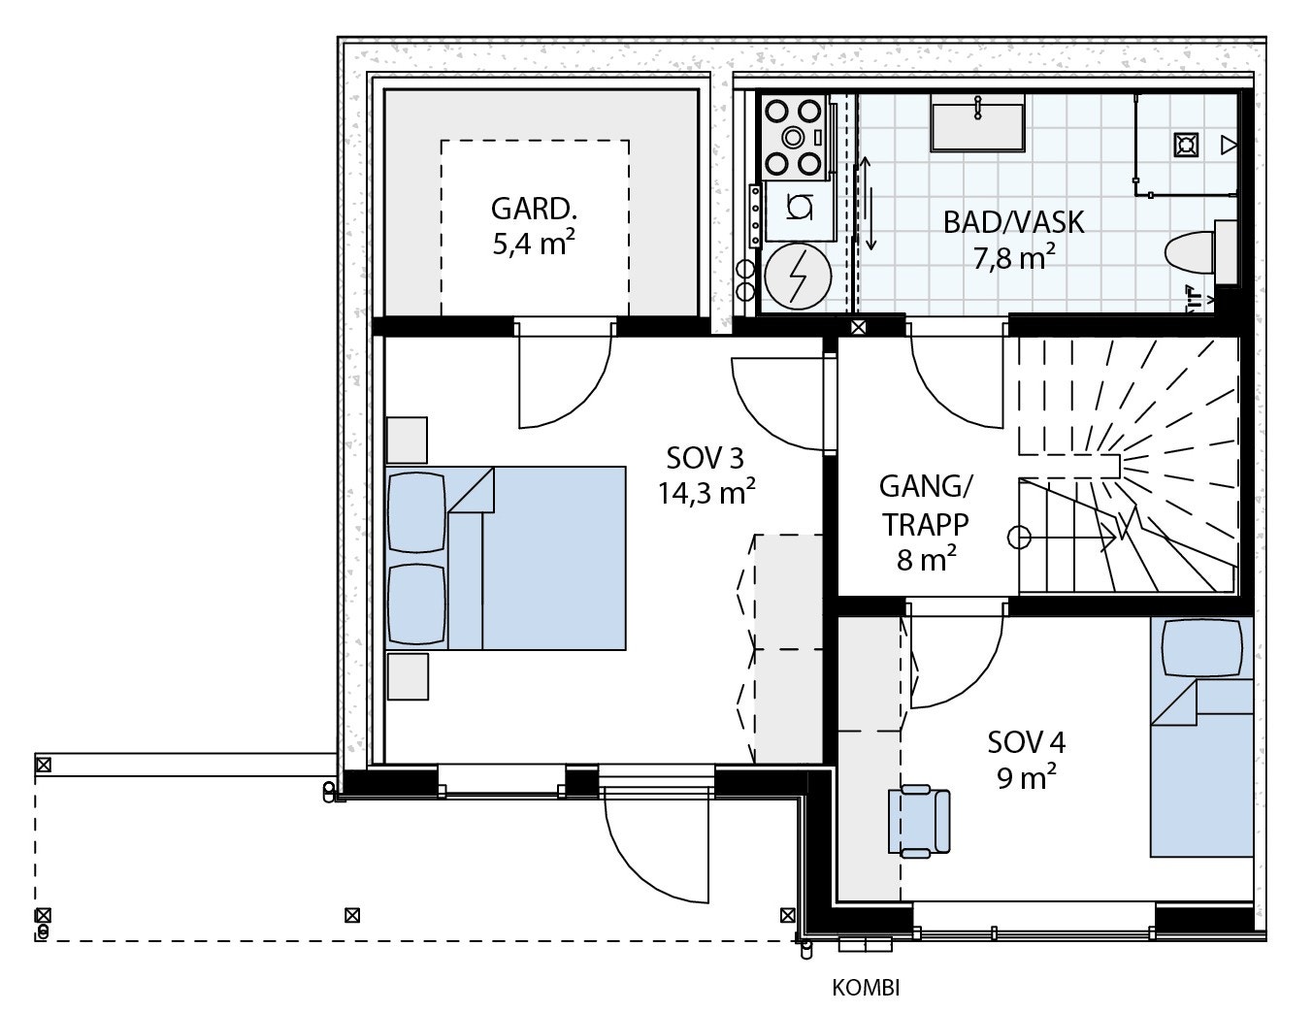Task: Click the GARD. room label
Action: [534, 209]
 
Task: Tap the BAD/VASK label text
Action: [1014, 222]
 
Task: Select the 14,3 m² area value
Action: [706, 492]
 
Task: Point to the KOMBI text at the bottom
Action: [866, 988]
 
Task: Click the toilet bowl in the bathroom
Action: [1189, 252]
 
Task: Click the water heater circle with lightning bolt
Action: [798, 277]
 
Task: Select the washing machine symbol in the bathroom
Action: [799, 209]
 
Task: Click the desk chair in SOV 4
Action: [918, 821]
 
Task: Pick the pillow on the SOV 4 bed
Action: [1202, 648]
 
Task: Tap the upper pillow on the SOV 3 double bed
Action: [417, 512]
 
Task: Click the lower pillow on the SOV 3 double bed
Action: [417, 604]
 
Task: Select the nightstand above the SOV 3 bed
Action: [407, 440]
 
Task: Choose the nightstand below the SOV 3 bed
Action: [408, 676]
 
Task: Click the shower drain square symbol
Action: [1186, 145]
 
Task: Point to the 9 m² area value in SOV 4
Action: [1026, 777]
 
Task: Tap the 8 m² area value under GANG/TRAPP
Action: [927, 560]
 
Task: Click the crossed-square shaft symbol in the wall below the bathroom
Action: [858, 327]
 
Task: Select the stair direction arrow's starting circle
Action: [1019, 538]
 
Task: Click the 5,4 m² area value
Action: [534, 244]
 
